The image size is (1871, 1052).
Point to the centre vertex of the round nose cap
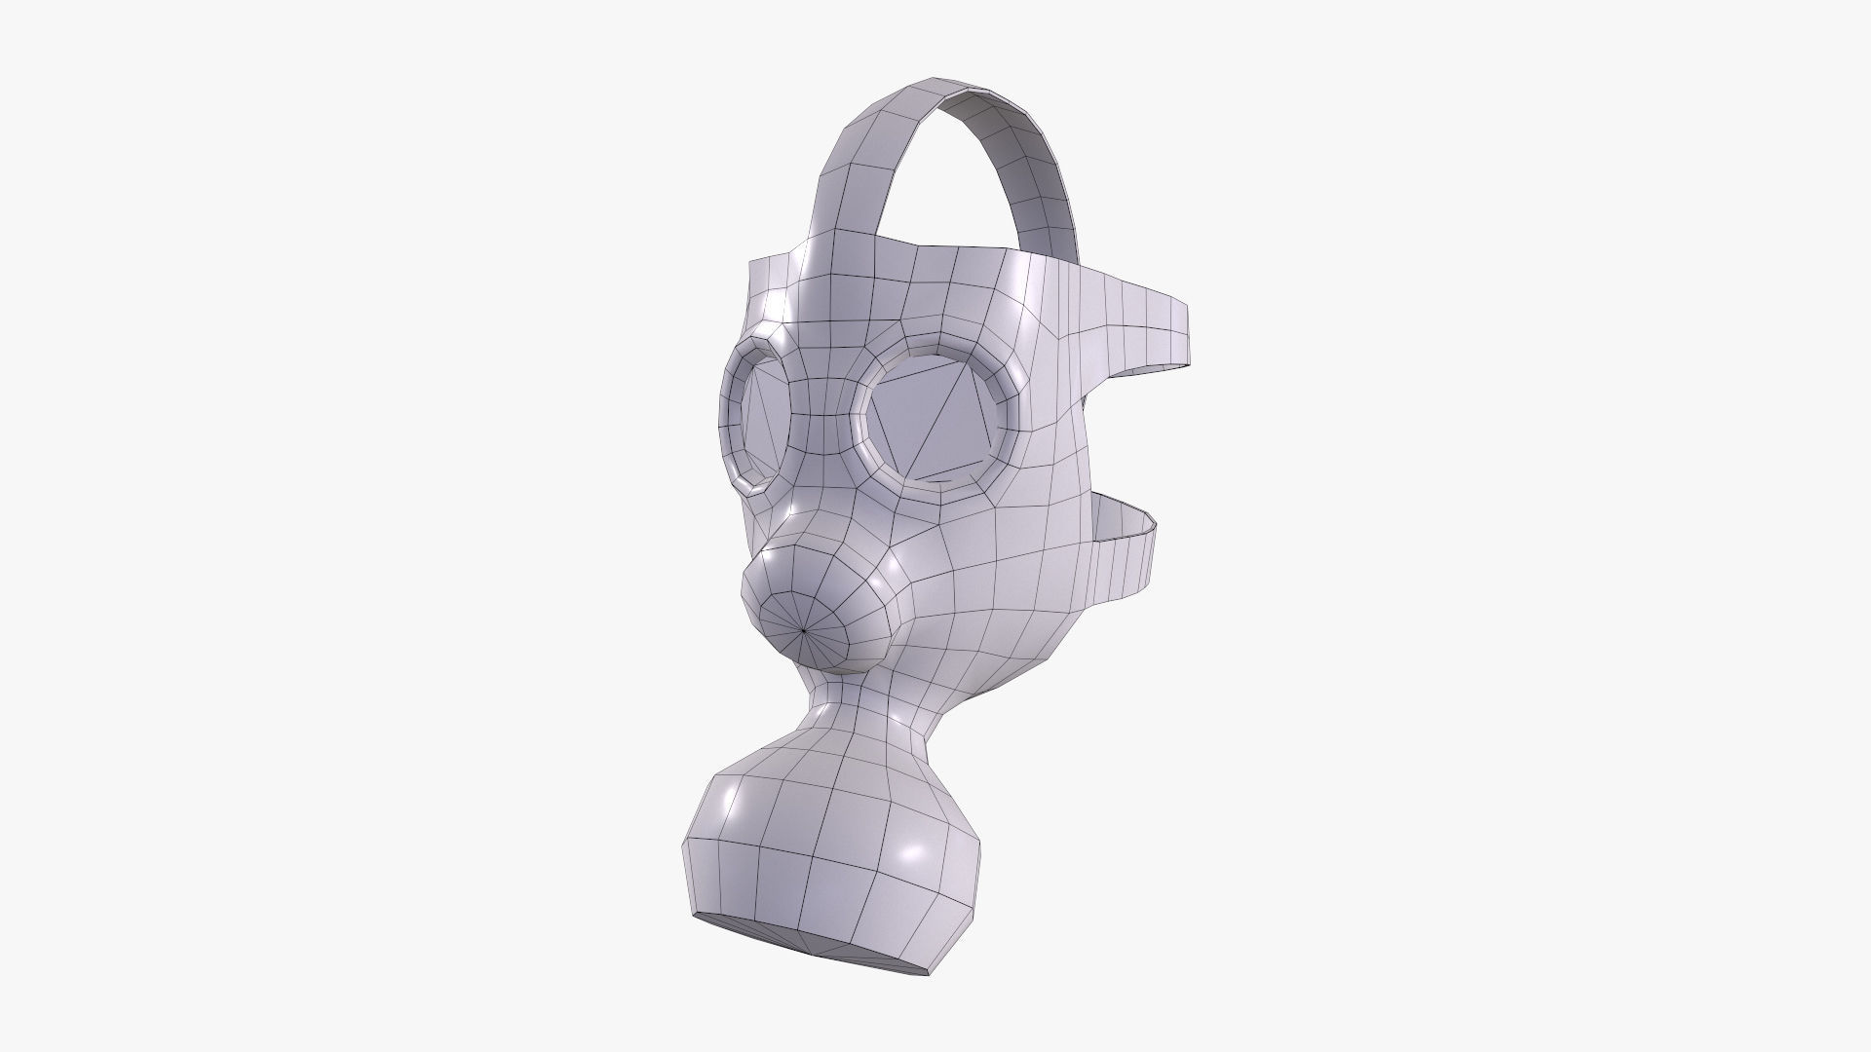[804, 631]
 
